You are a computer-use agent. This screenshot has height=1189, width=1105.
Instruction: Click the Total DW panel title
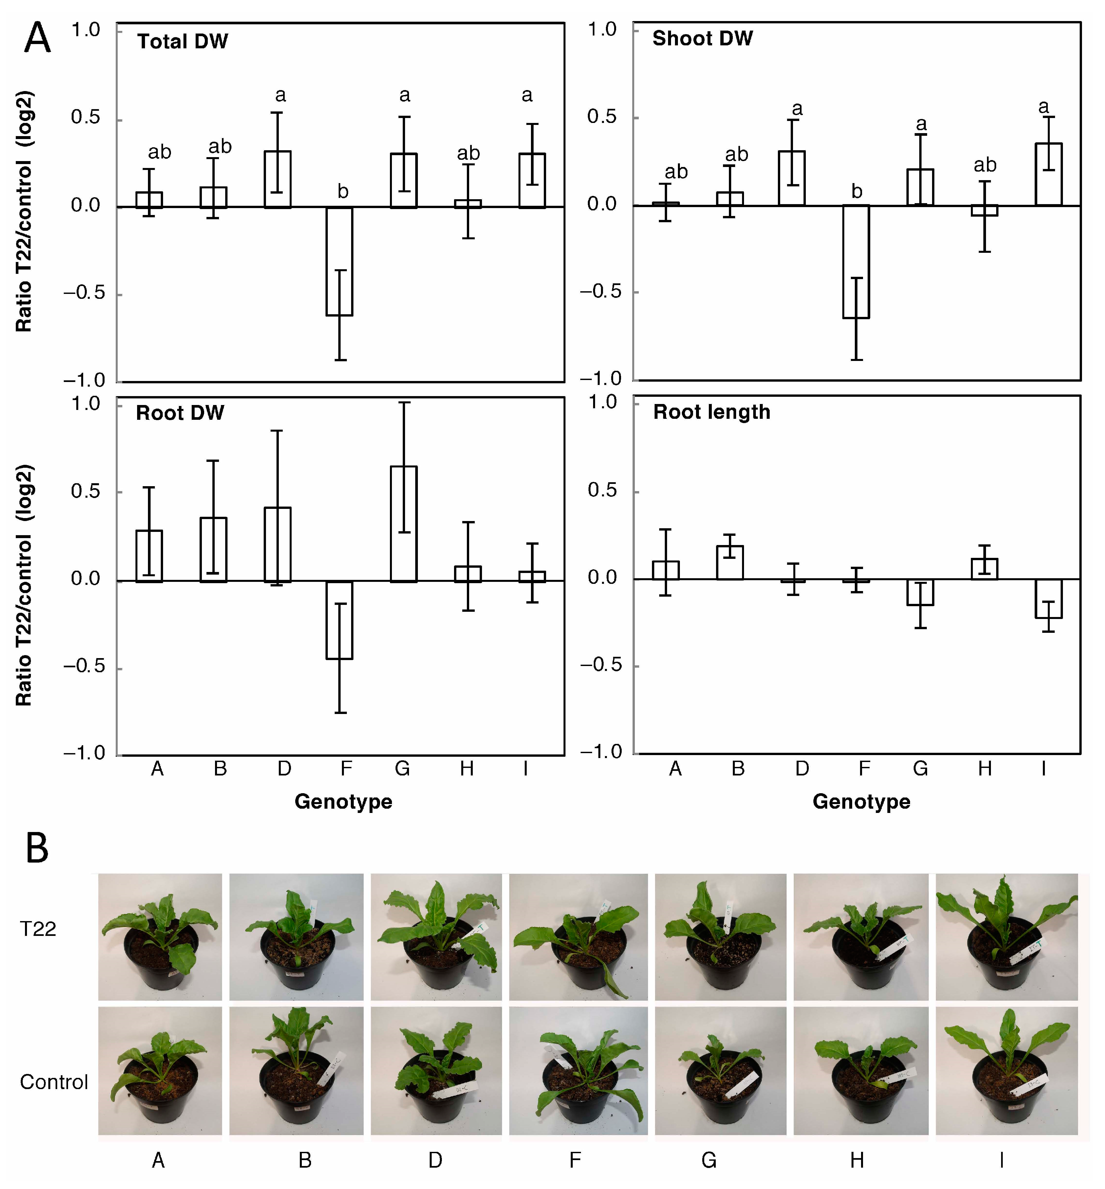[182, 41]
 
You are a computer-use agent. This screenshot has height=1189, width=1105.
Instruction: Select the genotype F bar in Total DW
[339, 261]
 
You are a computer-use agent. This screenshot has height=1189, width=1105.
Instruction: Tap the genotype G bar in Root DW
[404, 524]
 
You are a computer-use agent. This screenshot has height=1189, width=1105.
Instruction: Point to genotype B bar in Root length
[730, 562]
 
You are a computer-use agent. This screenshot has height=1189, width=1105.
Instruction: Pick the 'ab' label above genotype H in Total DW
[468, 154]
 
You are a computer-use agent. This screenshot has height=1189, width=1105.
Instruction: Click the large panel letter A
[37, 38]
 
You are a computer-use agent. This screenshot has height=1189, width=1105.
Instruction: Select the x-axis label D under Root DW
[284, 769]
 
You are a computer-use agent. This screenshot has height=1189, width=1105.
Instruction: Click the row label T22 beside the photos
[38, 928]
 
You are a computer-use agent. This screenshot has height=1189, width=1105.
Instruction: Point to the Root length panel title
[711, 412]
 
